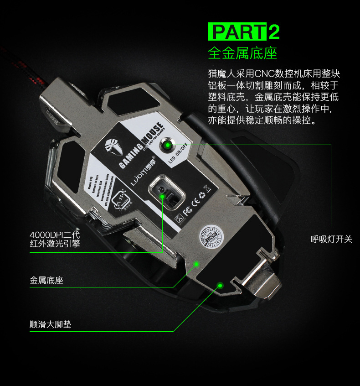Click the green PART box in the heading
tap(237, 32)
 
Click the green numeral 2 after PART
tap(274, 32)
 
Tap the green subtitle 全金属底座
tap(242, 53)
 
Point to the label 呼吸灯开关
tap(331, 239)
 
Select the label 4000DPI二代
tap(55, 235)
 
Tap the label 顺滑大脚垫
tap(51, 324)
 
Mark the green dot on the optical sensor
tap(163, 195)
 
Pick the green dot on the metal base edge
tap(197, 264)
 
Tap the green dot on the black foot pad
tap(220, 286)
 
